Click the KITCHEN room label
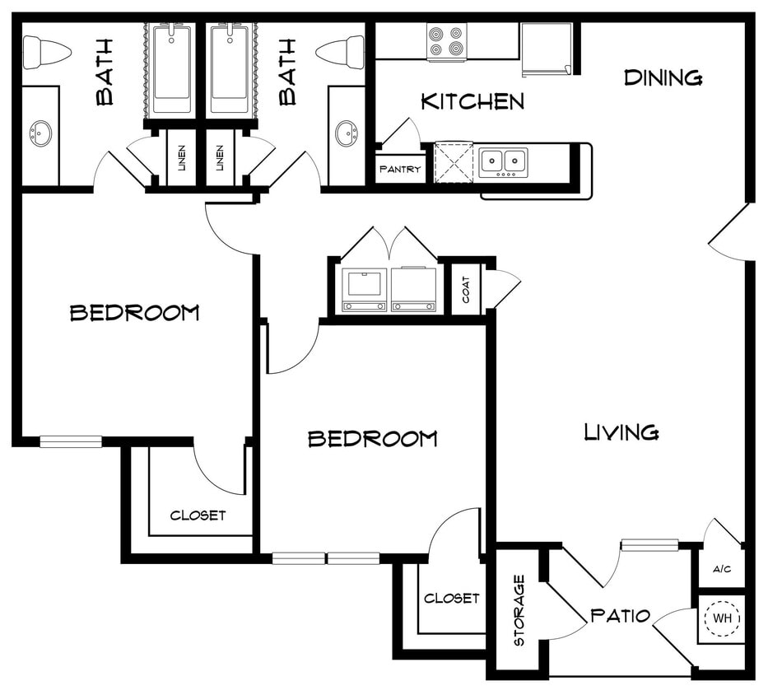coord(472,102)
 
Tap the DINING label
coord(663,78)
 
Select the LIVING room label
coord(621,431)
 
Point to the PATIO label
coord(621,616)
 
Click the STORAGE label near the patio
coord(519,610)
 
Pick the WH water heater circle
coord(722,618)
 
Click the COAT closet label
coord(466,289)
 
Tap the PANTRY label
coord(399,170)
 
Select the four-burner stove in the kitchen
coord(446,42)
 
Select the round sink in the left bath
coord(40,132)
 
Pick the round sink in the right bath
coord(347,132)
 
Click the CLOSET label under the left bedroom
coord(198,515)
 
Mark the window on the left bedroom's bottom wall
coord(71,441)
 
